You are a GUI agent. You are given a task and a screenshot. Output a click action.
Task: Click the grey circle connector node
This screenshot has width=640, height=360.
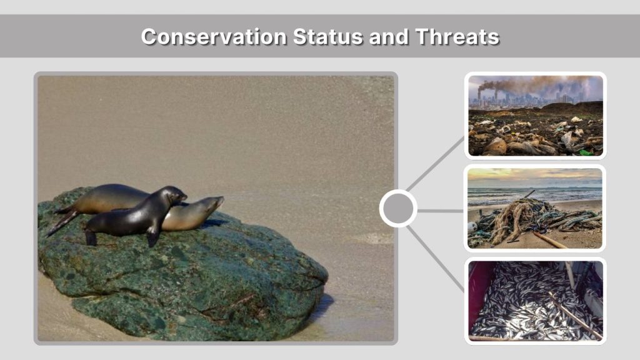coord(398,209)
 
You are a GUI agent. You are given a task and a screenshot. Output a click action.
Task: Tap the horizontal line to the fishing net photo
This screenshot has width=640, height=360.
coord(440,211)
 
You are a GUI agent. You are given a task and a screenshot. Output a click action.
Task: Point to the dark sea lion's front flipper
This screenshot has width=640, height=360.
coord(152,236)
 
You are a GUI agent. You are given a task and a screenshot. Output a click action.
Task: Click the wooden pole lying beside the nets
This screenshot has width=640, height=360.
coord(550,240)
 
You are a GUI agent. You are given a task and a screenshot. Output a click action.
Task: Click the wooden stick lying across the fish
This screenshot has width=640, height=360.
coord(575,316)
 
